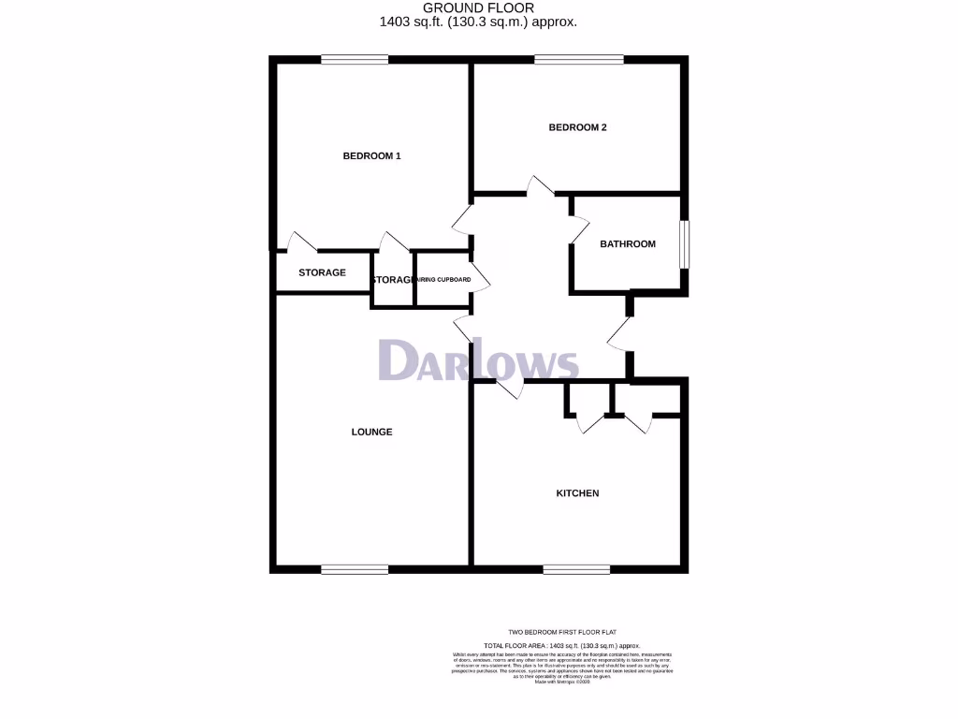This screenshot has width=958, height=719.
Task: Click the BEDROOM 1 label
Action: (x=371, y=156)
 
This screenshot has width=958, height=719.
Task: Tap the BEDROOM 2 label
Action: (x=577, y=127)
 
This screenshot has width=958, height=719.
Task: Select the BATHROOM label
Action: (x=628, y=244)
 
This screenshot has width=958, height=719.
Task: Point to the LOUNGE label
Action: (x=371, y=433)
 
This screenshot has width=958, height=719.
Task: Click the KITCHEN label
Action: (x=577, y=493)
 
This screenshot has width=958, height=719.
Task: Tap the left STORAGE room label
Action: (x=322, y=273)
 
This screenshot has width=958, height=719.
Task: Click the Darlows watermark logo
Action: (x=478, y=360)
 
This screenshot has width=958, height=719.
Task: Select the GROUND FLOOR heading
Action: (x=478, y=8)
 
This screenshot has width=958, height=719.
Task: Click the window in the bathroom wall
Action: (x=685, y=244)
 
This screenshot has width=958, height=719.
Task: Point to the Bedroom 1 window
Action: (x=355, y=60)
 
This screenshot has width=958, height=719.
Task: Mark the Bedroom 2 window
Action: (x=579, y=60)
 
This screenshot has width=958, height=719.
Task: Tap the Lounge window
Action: (x=355, y=568)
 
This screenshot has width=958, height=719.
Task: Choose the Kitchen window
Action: (x=576, y=568)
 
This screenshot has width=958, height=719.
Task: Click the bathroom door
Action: (x=578, y=227)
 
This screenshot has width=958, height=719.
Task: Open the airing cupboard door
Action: (x=479, y=279)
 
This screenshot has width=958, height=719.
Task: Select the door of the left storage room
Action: (x=301, y=242)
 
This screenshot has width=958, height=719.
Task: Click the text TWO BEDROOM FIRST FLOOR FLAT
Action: (x=561, y=634)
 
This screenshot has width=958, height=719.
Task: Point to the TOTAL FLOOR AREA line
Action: (x=561, y=646)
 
